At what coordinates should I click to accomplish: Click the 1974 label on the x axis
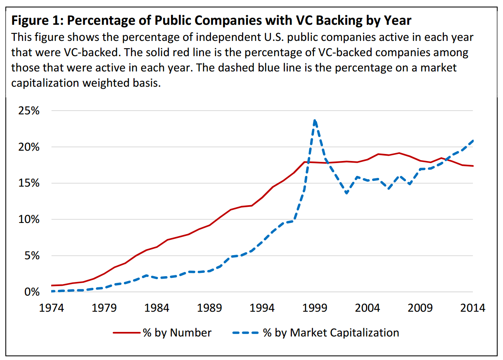52,308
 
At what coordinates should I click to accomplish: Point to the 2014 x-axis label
472,308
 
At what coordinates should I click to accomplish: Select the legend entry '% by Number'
177,333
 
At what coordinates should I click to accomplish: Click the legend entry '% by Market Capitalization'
331,333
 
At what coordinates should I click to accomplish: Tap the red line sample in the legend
126,333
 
